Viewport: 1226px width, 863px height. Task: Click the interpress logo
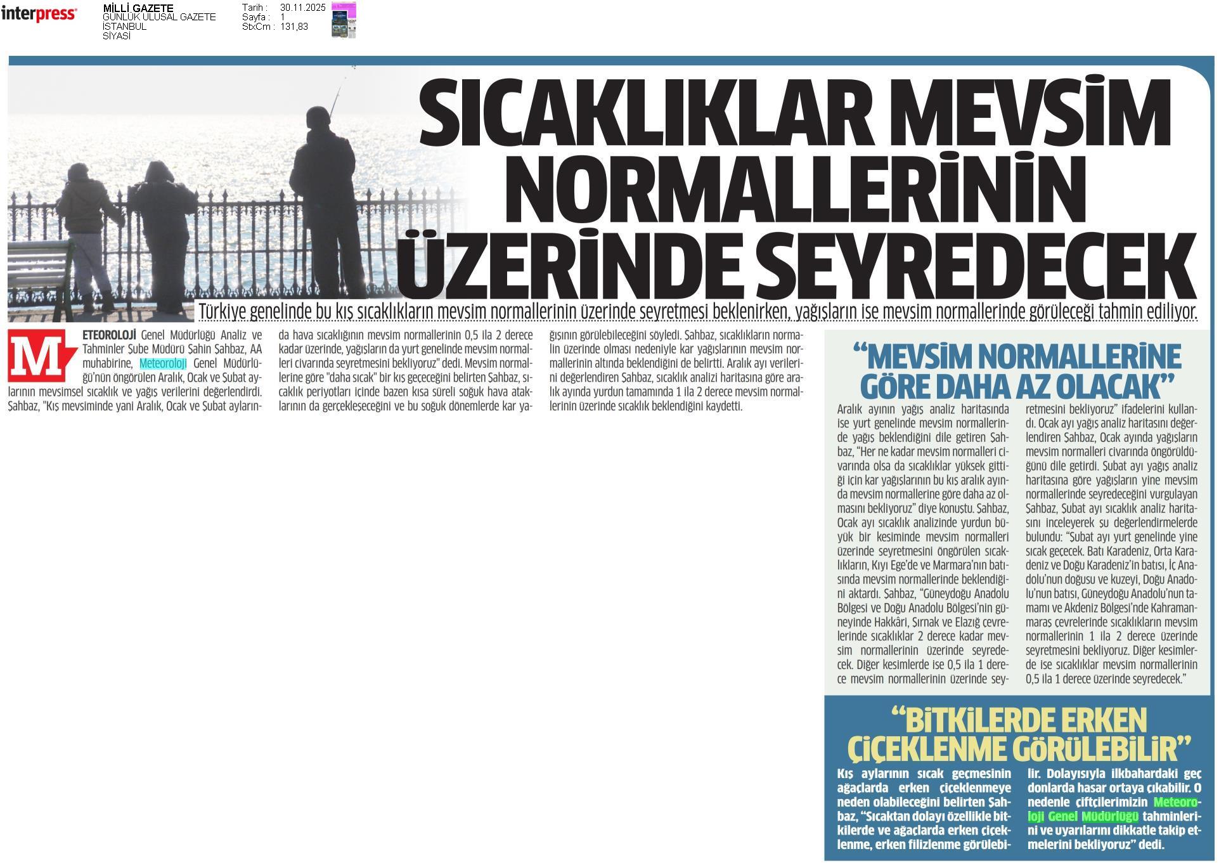pyautogui.click(x=39, y=14)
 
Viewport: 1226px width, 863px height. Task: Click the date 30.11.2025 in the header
pyautogui.click(x=302, y=8)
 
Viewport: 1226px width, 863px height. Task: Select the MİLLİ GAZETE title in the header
pyautogui.click(x=138, y=8)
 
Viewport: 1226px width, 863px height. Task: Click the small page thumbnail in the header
pyautogui.click(x=344, y=20)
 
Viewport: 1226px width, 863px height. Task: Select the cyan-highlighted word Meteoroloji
pyautogui.click(x=163, y=363)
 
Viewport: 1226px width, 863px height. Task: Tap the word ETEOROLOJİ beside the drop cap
pyautogui.click(x=110, y=334)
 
